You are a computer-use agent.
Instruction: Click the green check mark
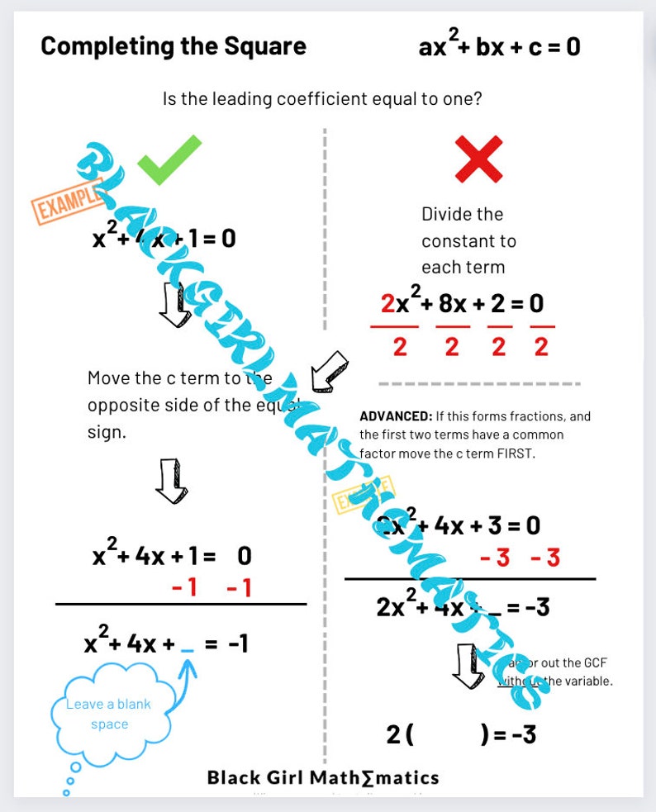pos(169,159)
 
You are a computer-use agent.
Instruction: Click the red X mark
pos(478,159)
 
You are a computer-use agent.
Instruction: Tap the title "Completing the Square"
pos(174,46)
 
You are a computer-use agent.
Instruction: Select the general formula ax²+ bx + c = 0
pos(499,46)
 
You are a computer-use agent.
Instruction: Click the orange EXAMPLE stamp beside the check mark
pos(68,201)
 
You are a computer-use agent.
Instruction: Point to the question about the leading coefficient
pos(322,99)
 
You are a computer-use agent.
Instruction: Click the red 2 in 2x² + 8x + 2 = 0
pos(387,304)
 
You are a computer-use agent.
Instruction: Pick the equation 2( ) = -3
pos(460,733)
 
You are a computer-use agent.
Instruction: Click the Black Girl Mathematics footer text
pos(322,777)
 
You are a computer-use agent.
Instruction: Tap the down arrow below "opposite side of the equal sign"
pos(171,482)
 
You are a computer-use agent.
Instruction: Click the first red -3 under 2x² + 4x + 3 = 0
pos(495,558)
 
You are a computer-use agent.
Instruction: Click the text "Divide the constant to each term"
pos(468,240)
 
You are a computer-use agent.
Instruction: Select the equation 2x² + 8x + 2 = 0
pos(462,304)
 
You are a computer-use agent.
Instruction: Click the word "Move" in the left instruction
pos(109,378)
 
